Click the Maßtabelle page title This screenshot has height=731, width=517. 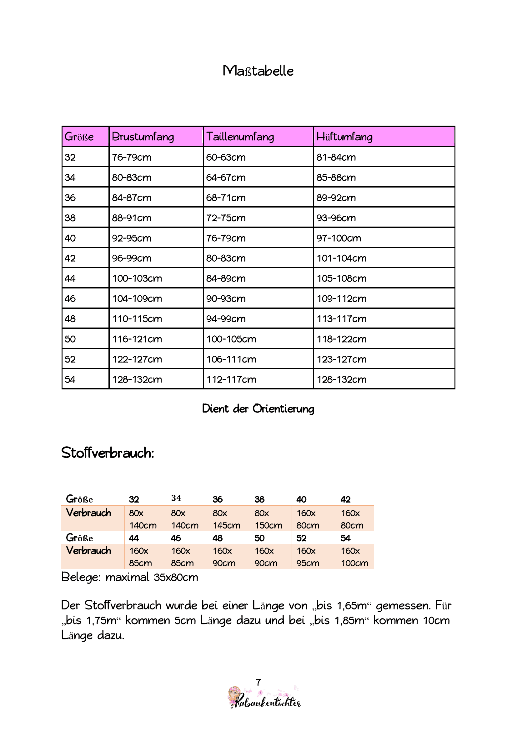[258, 71]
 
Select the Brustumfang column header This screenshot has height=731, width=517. [143, 137]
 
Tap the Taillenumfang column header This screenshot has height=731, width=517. [240, 137]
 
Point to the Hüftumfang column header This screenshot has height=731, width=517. [344, 137]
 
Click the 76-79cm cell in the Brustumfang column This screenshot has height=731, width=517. [132, 157]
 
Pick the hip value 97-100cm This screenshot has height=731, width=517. [339, 238]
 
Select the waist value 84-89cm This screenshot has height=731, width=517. [226, 278]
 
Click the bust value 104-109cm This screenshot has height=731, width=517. [137, 299]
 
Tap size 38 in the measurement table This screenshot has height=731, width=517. [70, 218]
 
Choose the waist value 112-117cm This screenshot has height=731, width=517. [231, 379]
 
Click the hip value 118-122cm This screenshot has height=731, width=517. [341, 339]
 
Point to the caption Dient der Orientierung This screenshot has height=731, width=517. [258, 409]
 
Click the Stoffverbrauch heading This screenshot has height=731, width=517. [108, 453]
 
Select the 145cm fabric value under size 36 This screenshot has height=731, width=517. [226, 525]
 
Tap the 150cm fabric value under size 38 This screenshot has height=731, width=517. [269, 525]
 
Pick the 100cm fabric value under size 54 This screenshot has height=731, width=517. [354, 563]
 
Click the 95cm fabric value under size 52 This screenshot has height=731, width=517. [308, 563]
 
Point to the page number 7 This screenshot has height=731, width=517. [258, 682]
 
